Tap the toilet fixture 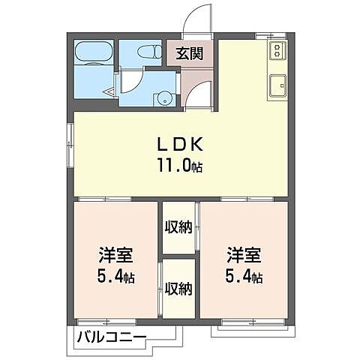point(151,52)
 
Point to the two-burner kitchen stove point(276,51)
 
